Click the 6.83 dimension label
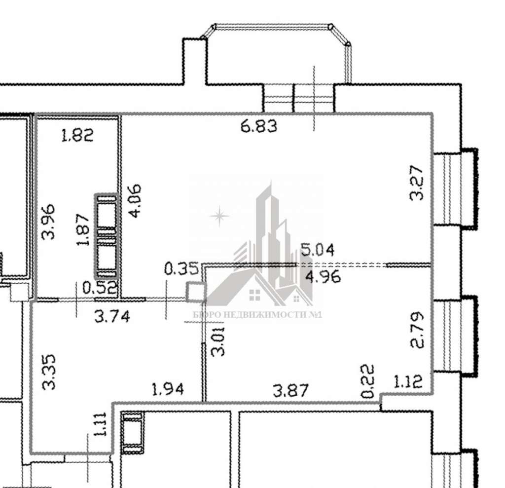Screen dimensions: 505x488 pos(258,126)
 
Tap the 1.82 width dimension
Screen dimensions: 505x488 pos(77,135)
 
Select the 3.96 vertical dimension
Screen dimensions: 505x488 pos(49,222)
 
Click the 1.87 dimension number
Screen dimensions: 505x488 pos(83,230)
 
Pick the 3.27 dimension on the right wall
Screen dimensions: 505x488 pos(416,183)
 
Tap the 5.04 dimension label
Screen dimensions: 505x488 pos(317,250)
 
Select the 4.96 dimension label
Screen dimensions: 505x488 pos(323,277)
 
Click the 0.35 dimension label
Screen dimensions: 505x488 pos(181,268)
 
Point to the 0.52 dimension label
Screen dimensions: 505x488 pos(99,288)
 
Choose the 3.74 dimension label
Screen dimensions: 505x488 pos(112,316)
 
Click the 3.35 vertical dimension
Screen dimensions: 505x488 pos(49,372)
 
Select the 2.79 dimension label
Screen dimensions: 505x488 pos(417,330)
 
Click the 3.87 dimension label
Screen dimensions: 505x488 pos(290,390)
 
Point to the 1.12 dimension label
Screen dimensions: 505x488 pos(408,382)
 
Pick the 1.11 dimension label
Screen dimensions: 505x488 pos(100,424)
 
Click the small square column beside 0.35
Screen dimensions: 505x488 pos(195,292)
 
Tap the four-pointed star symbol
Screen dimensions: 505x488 pos(219,216)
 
